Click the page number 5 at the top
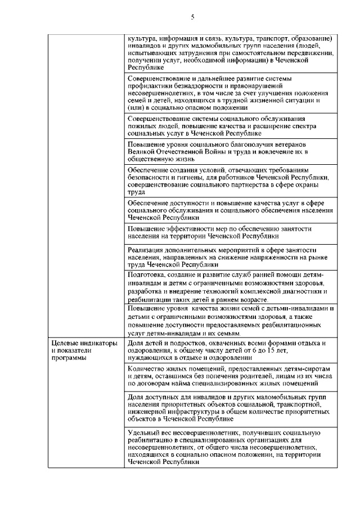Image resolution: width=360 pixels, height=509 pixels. [192, 17]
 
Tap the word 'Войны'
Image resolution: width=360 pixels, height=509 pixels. [215, 152]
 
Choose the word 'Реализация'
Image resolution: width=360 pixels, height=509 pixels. [147, 249]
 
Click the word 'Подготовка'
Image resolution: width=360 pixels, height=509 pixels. [147, 274]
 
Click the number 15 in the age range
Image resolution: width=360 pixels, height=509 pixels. [271, 350]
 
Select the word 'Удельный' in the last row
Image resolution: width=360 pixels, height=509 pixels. [145, 433]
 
